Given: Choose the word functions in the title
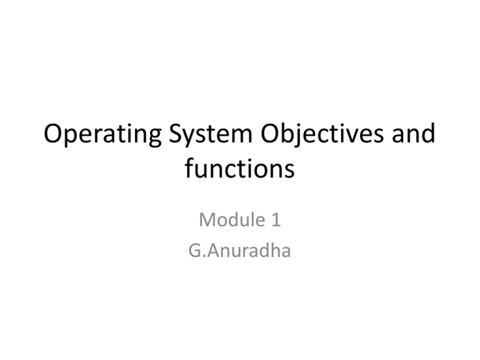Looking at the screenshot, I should [240, 169].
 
